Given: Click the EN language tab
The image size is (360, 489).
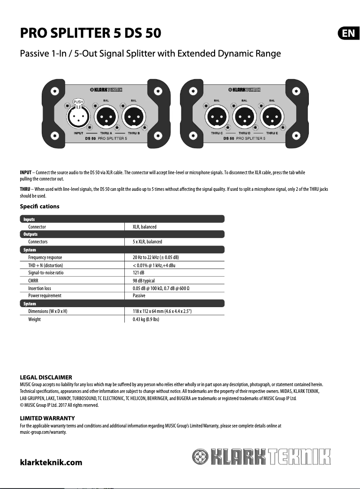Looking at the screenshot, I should tap(348, 33).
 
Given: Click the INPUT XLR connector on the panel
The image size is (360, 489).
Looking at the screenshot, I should tap(78, 118).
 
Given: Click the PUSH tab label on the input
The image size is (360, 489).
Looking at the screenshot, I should tap(78, 102).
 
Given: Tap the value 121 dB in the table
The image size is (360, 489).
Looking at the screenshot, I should tap(138, 273).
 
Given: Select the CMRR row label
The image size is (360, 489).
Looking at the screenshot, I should tap(33, 281).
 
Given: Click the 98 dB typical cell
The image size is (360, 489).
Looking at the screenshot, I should tap(144, 281).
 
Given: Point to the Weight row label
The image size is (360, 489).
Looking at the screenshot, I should tap(35, 319).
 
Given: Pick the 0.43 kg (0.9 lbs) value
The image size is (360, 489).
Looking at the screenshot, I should tap(146, 319).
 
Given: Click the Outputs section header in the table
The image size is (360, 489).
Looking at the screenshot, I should tap(31, 234).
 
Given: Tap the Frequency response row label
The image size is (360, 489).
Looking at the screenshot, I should tap(45, 257).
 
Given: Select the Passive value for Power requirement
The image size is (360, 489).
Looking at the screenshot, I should tap(139, 296).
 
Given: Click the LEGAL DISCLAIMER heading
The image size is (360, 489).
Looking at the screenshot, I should tap(46, 377).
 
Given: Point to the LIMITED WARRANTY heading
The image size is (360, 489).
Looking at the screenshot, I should tap(47, 419).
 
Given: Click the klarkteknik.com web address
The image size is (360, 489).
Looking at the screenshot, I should tap(51, 462).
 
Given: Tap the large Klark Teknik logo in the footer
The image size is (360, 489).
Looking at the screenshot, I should tap(261, 458).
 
